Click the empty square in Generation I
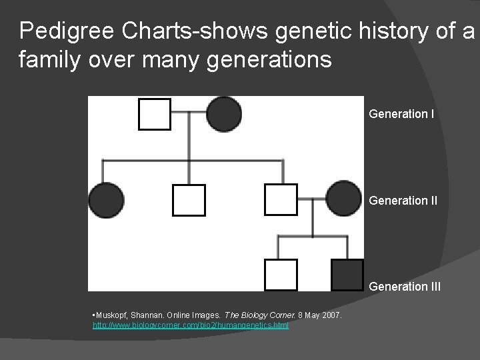pyautogui.click(x=154, y=114)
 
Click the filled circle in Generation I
pyautogui.click(x=224, y=114)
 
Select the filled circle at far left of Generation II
pyautogui.click(x=106, y=200)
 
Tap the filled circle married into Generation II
pyautogui.click(x=343, y=199)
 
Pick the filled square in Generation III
pyautogui.click(x=347, y=275)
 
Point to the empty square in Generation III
pyautogui.click(x=281, y=275)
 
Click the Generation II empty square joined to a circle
pyautogui.click(x=281, y=199)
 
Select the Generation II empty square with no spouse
pyautogui.click(x=189, y=200)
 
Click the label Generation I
pyautogui.click(x=401, y=114)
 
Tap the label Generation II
pyautogui.click(x=403, y=200)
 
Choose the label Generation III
pyautogui.click(x=405, y=287)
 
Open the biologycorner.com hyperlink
pyautogui.click(x=190, y=325)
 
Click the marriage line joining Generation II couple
pyautogui.click(x=312, y=199)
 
